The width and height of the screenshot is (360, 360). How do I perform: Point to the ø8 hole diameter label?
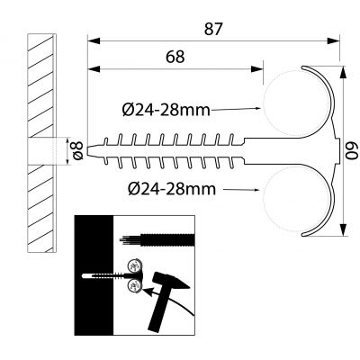(x=76, y=152)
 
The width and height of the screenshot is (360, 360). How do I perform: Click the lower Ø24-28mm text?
(x=171, y=188)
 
